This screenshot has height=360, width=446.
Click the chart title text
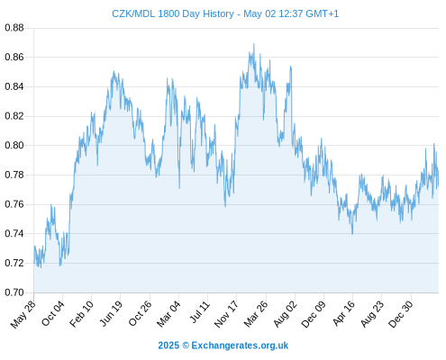(x=225, y=13)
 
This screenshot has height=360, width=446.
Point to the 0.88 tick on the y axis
(x=14, y=28)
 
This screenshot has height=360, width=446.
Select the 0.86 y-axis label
(x=14, y=57)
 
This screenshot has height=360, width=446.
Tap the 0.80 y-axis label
(x=14, y=146)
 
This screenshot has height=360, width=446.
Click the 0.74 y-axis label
(x=14, y=234)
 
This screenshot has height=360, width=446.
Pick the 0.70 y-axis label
(x=14, y=292)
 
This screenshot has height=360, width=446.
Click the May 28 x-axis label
(x=23, y=314)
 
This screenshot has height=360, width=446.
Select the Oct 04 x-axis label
(x=53, y=313)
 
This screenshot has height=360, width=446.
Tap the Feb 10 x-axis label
(x=81, y=314)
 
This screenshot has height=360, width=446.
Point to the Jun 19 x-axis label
(x=111, y=313)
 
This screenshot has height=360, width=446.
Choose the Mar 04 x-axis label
(x=168, y=314)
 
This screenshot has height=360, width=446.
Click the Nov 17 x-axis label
(x=226, y=314)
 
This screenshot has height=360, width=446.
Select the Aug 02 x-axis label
(x=286, y=314)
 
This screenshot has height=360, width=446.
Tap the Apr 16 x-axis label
(x=343, y=313)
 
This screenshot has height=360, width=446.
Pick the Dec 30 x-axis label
(x=401, y=314)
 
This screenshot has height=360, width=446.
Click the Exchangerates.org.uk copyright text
(x=223, y=346)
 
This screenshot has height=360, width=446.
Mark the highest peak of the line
(x=254, y=44)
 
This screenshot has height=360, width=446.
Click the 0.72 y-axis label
(x=14, y=263)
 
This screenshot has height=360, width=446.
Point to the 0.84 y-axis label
(x=14, y=86)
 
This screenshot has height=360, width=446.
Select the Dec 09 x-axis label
(x=314, y=314)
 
